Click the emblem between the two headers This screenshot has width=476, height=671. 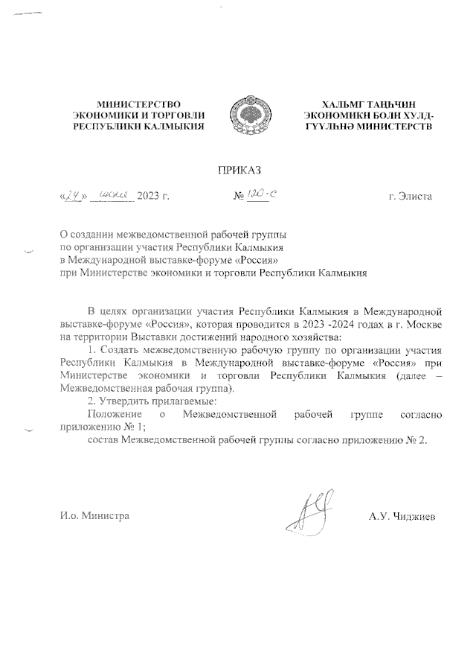(247, 116)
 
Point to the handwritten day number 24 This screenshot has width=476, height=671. (71, 197)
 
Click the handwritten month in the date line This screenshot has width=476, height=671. (111, 197)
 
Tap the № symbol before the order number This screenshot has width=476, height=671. (239, 198)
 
